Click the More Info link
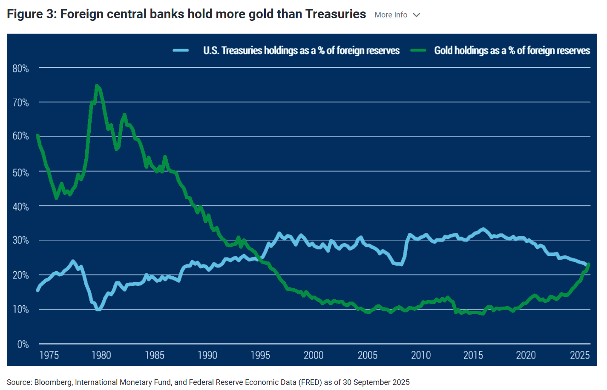coord(391,15)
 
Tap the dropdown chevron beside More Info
coord(417,15)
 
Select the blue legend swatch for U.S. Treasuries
coord(181,51)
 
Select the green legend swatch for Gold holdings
coord(418,51)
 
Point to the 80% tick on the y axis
coord(20,69)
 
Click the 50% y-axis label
coord(20,172)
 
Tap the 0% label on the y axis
coord(23,344)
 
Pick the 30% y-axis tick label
coord(20,240)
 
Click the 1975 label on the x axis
coord(49,355)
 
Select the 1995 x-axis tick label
coord(260,355)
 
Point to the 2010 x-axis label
coord(420,355)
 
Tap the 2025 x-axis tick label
coord(579,355)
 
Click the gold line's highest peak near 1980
coord(97,86)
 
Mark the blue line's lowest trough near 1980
coord(98,310)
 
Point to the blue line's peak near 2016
coord(483,229)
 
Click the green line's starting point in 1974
coord(37,135)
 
